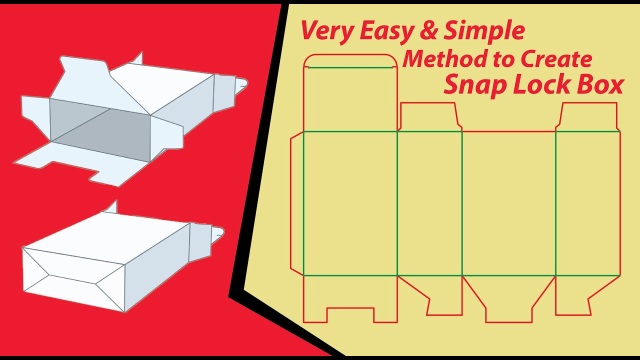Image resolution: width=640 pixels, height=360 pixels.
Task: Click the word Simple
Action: click(484, 31)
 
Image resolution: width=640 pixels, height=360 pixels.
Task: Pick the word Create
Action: click(556, 59)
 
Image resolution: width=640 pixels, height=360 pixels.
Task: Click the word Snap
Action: click(475, 85)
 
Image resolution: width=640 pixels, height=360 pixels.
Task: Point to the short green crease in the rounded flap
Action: click(350, 67)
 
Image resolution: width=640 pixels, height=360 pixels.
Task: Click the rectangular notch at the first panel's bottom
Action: click(350, 315)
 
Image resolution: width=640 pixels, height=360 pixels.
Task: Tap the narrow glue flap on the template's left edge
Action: click(297, 203)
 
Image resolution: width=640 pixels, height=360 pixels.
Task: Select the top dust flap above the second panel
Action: click(429, 116)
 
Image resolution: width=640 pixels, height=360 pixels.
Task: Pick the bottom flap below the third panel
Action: click(509, 298)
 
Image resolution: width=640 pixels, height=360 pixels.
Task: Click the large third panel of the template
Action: click(509, 203)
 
